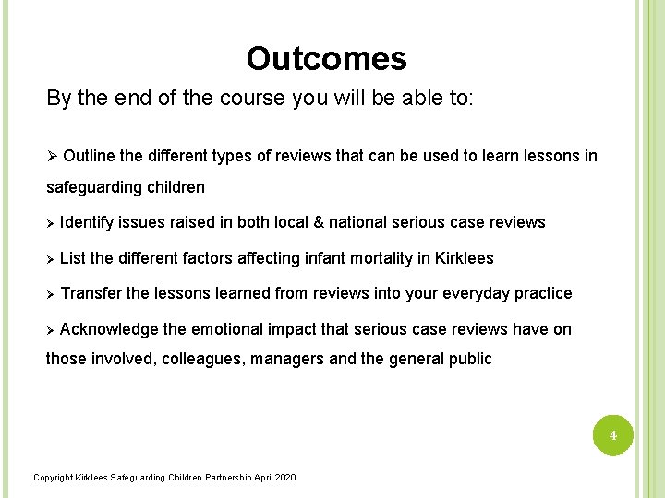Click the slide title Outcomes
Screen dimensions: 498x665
click(x=326, y=59)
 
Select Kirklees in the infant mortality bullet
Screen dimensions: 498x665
click(x=462, y=258)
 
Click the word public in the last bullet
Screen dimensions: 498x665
click(x=470, y=359)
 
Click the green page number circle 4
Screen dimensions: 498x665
click(x=611, y=433)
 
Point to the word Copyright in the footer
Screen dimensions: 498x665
click(x=51, y=477)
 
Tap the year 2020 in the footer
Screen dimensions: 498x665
click(x=286, y=477)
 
